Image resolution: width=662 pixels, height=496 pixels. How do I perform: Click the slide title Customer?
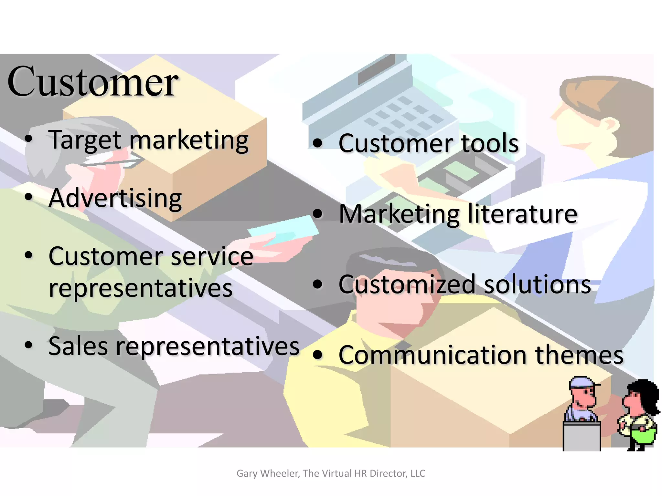coord(92,81)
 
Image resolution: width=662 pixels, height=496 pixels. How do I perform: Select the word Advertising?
coord(115,198)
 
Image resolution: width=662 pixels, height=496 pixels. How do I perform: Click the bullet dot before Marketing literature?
coord(318,214)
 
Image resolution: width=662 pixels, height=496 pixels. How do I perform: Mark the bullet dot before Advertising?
coord(29,197)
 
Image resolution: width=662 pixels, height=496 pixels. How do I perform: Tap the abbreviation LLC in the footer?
coord(418,473)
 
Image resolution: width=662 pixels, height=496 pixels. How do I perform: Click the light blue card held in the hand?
coord(284,231)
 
